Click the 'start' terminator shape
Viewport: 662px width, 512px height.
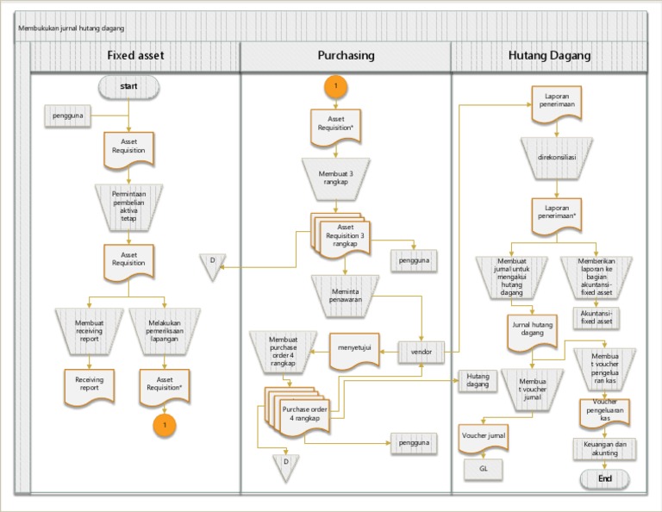click(x=128, y=86)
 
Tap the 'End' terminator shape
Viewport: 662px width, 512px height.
click(x=604, y=479)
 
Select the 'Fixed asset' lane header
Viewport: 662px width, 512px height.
click(x=135, y=56)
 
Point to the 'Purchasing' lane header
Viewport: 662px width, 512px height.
click(x=346, y=56)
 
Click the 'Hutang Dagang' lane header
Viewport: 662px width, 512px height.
click(x=549, y=56)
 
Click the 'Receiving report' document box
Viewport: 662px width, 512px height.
click(x=88, y=384)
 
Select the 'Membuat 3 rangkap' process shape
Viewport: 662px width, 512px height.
click(x=335, y=178)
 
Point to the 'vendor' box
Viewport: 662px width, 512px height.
click(x=422, y=352)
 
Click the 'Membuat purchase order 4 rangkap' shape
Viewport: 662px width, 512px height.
click(x=283, y=352)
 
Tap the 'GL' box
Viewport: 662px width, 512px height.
click(x=483, y=469)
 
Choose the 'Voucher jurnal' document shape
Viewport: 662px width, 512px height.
click(x=483, y=437)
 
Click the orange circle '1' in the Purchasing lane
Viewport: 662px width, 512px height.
click(x=335, y=86)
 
